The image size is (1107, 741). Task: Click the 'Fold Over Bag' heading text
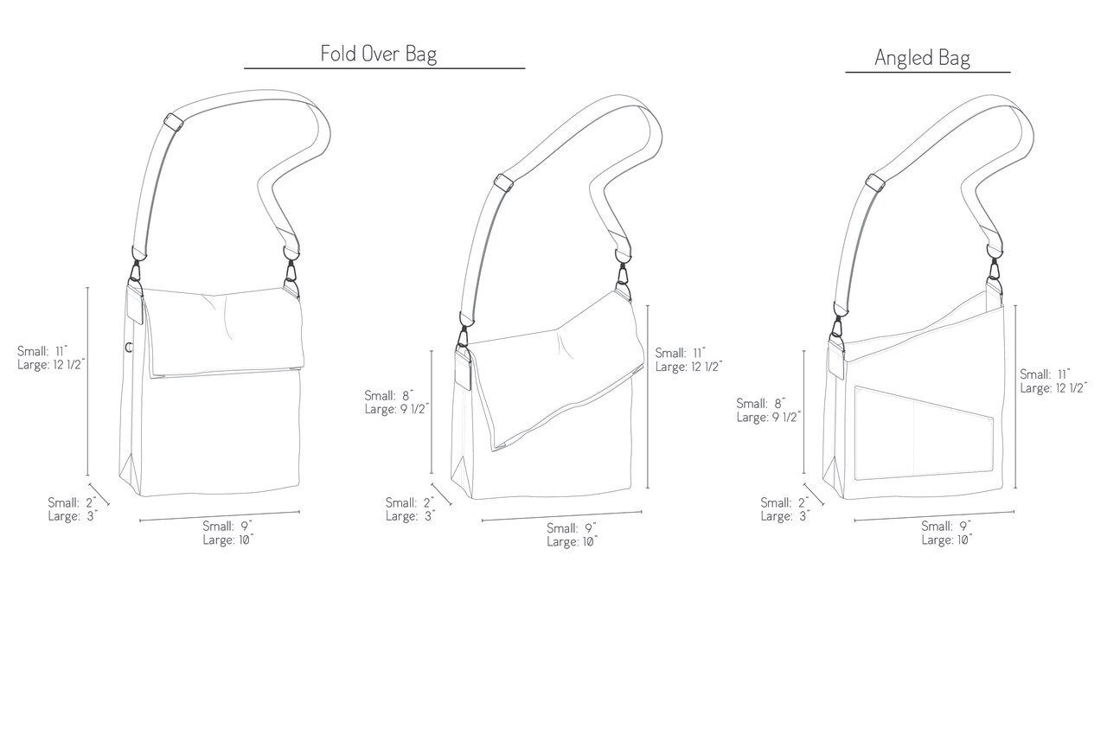pyautogui.click(x=379, y=54)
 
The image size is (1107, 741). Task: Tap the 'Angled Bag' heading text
pyautogui.click(x=922, y=58)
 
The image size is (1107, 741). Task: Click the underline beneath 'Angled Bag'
pyautogui.click(x=928, y=72)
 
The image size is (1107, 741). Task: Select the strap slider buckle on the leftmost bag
pyautogui.click(x=174, y=122)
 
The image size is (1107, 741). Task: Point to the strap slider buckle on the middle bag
pyautogui.click(x=503, y=182)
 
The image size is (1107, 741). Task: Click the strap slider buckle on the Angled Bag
pyautogui.click(x=875, y=182)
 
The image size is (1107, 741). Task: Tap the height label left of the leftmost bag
pyautogui.click(x=51, y=358)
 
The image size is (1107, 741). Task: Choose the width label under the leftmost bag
pyautogui.click(x=227, y=533)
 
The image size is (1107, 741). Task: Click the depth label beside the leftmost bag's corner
pyautogui.click(x=73, y=509)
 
